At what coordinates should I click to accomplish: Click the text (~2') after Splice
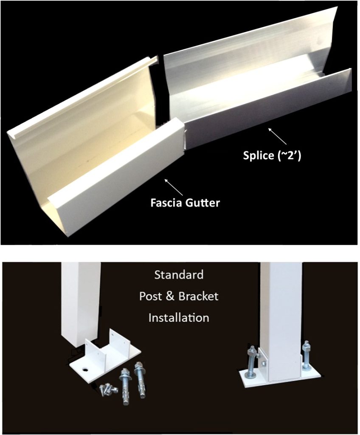tap(290, 155)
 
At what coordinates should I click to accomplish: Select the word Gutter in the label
tap(203, 203)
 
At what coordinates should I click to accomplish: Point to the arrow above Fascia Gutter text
tap(174, 187)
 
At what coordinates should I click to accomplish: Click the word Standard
tap(179, 275)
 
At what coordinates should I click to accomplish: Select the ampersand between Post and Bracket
tap(171, 296)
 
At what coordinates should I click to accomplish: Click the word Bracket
tap(198, 296)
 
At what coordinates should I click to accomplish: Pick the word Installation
tap(179, 318)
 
